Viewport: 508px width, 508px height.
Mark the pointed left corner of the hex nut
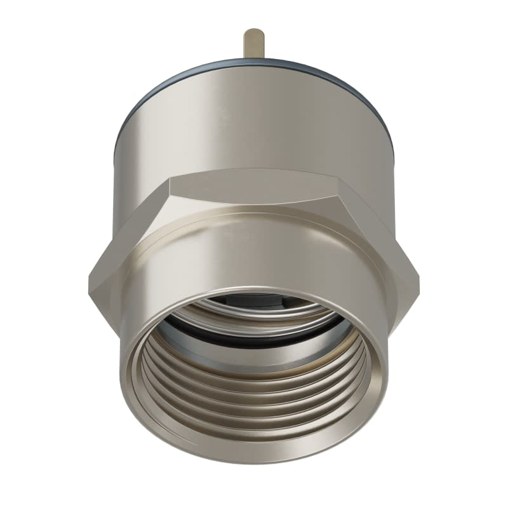click(x=87, y=279)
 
